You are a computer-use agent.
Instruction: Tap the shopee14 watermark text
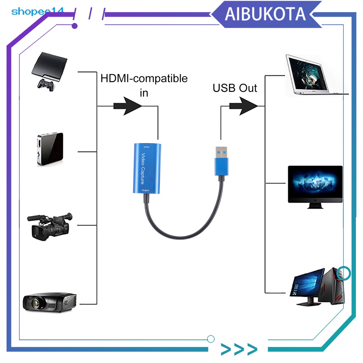point(37,11)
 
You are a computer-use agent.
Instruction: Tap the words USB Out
point(234,88)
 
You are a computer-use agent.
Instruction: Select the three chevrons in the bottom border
point(239,349)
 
